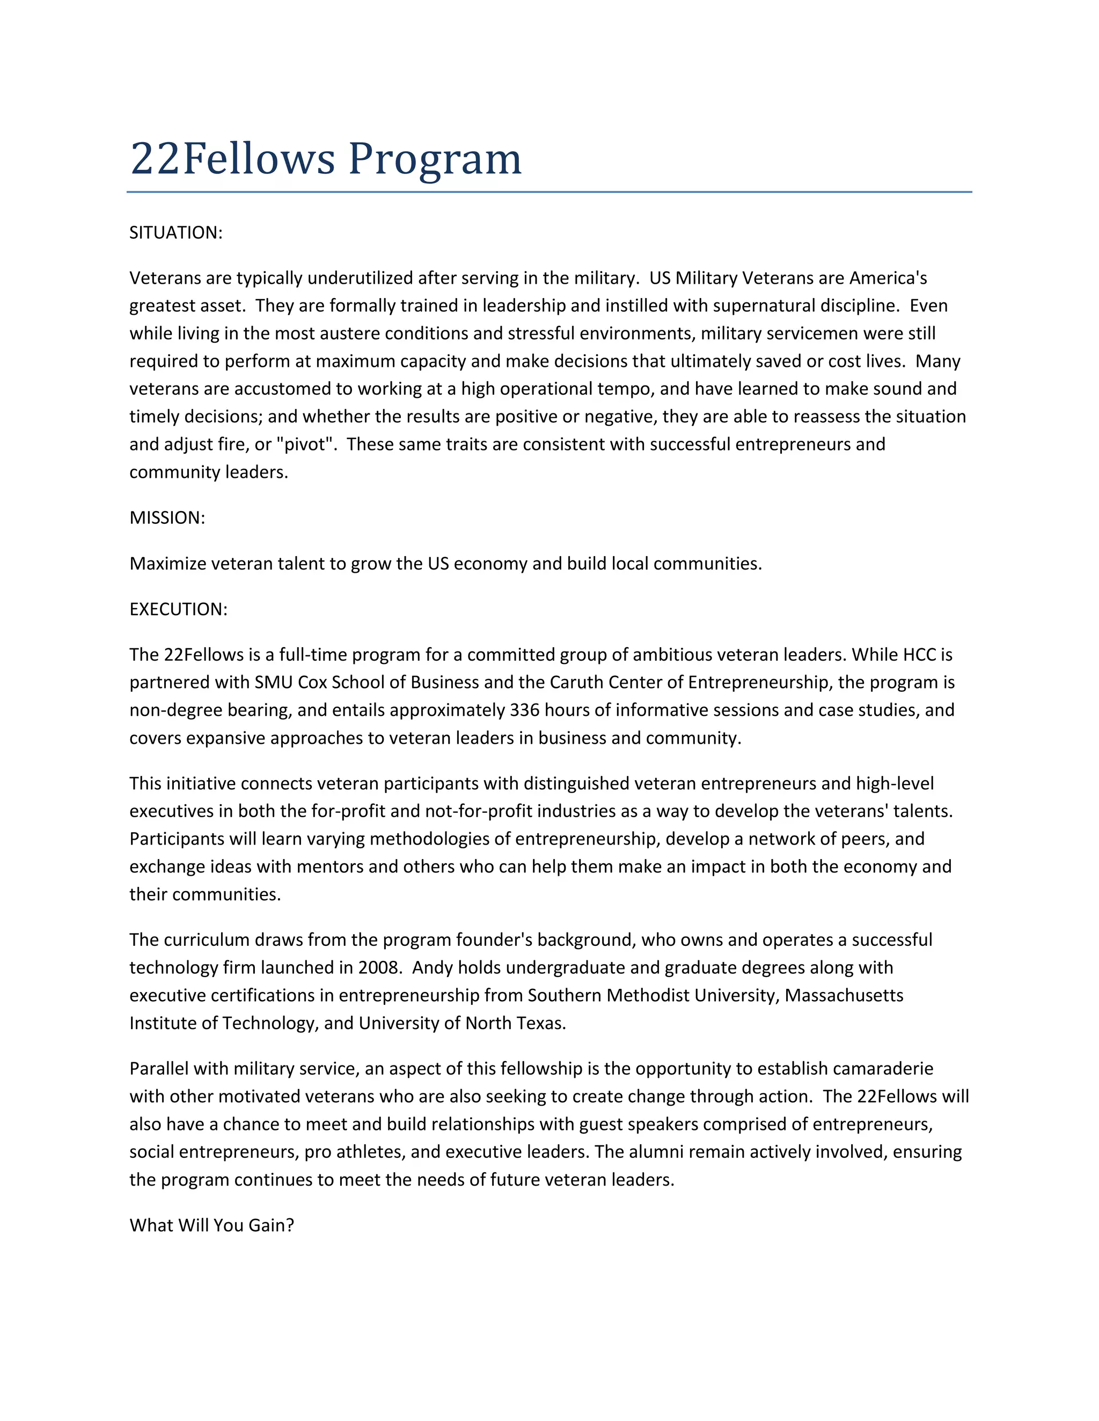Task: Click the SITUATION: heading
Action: pyautogui.click(x=176, y=233)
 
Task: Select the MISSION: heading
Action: pyautogui.click(x=167, y=518)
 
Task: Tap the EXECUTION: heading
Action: pyautogui.click(x=178, y=609)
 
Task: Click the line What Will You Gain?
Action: pyautogui.click(x=211, y=1225)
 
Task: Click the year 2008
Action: pyautogui.click(x=378, y=967)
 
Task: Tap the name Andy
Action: pyautogui.click(x=433, y=967)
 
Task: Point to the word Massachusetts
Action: pyautogui.click(x=844, y=995)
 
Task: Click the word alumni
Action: pyautogui.click(x=656, y=1152)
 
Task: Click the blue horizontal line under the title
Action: pyautogui.click(x=549, y=192)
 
